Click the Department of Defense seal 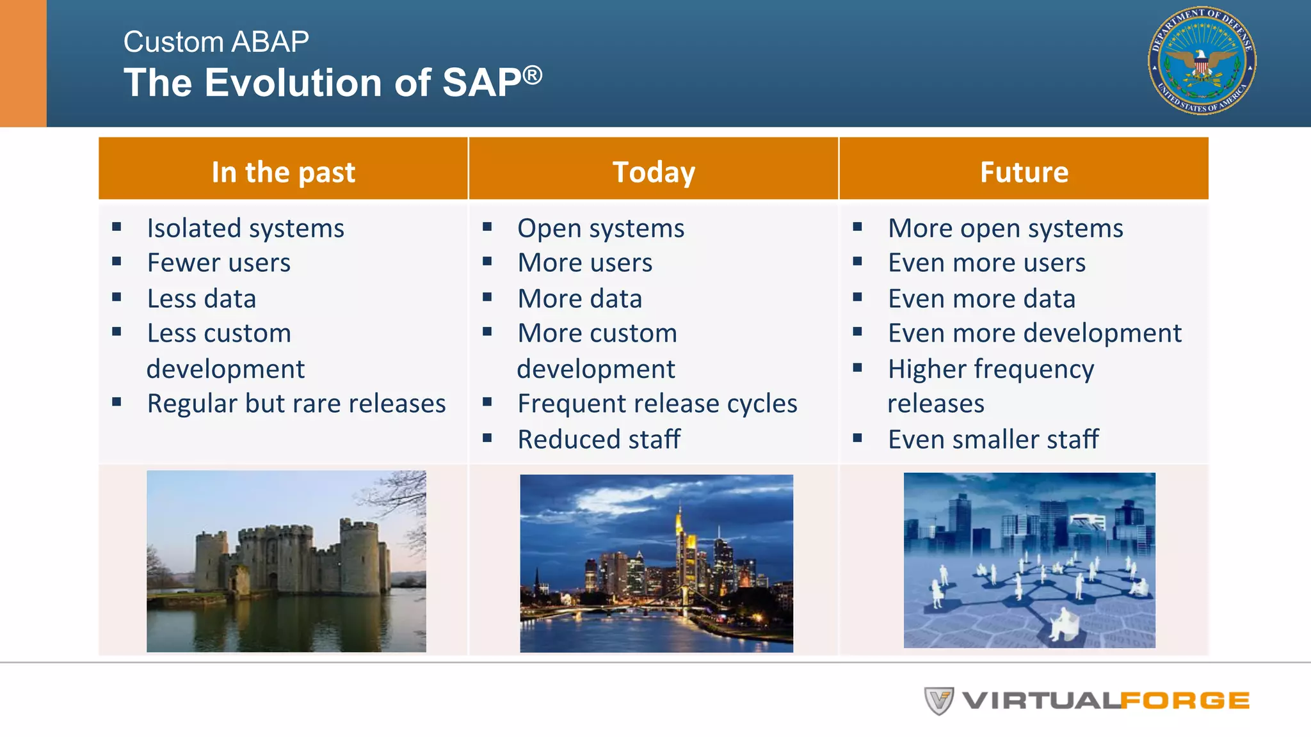pos(1202,61)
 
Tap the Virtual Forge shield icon pos(938,701)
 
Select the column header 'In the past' pos(283,171)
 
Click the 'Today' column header pos(653,171)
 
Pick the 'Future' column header pos(1024,171)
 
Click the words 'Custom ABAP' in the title pos(216,42)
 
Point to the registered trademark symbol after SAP pos(532,75)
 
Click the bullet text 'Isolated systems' pos(245,228)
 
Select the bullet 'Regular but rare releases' pos(296,404)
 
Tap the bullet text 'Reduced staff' pos(599,440)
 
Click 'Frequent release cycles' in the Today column pos(657,404)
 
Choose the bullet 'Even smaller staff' pos(993,440)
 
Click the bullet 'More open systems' pos(1005,228)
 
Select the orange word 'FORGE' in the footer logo pos(1184,701)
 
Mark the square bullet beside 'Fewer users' pos(117,262)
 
